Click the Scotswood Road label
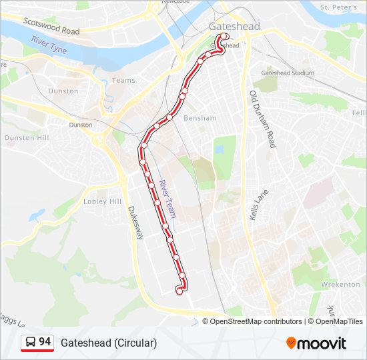[51, 26]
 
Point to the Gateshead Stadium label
[288, 73]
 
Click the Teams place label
[123, 80]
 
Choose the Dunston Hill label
[27, 138]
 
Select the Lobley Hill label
[102, 201]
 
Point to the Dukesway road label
[135, 223]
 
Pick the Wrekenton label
[340, 285]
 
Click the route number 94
[45, 342]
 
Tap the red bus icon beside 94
[30, 343]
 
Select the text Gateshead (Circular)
[109, 343]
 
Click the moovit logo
[316, 343]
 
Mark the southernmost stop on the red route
[179, 291]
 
